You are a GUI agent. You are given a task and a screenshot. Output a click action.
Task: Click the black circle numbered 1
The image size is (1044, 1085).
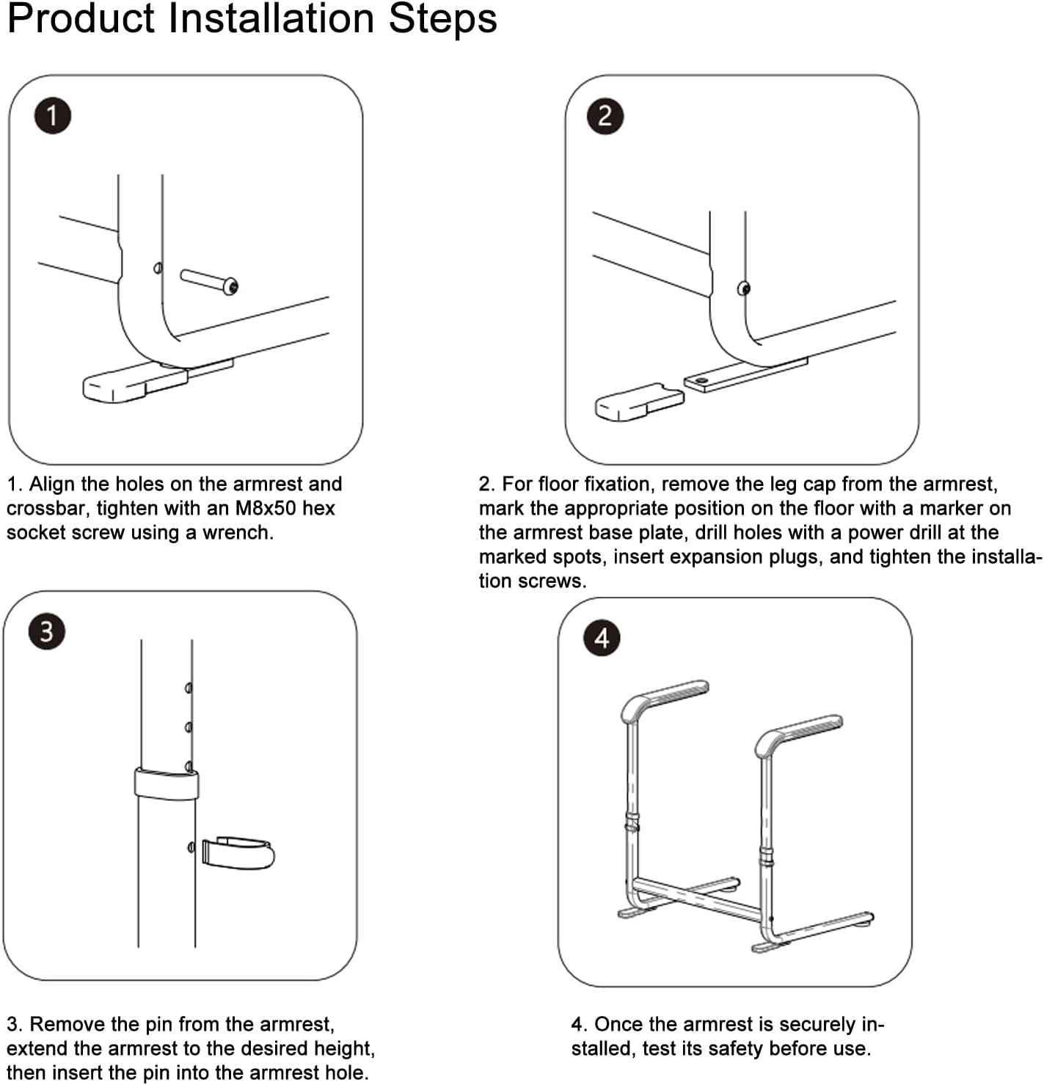pyautogui.click(x=53, y=116)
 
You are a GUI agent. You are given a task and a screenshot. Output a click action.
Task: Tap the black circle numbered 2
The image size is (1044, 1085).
pyautogui.click(x=605, y=116)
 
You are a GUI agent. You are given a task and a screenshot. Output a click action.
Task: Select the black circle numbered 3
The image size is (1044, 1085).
pyautogui.click(x=47, y=631)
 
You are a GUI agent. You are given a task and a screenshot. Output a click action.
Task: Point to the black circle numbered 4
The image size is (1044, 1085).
pyautogui.click(x=602, y=638)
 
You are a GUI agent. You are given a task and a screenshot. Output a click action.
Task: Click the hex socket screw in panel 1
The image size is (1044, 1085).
pyautogui.click(x=209, y=281)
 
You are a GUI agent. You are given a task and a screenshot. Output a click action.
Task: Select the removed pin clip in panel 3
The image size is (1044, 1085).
pyautogui.click(x=238, y=853)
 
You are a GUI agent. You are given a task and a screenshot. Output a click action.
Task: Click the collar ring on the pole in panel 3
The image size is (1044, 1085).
pyautogui.click(x=167, y=784)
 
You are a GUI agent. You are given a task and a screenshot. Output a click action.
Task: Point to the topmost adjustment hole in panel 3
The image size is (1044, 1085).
pyautogui.click(x=189, y=688)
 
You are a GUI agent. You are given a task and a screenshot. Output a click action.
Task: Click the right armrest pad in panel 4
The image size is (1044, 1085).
pyautogui.click(x=799, y=733)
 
